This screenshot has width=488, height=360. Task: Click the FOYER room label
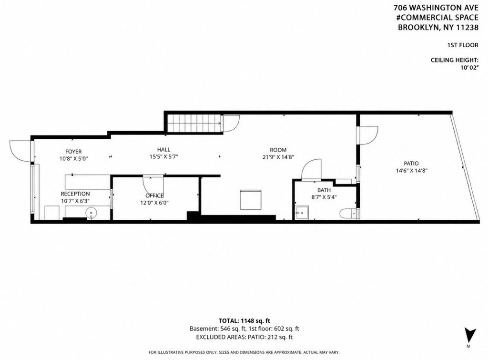click(73, 152)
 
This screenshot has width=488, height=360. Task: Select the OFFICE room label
click(155, 195)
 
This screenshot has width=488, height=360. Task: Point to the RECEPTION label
click(75, 194)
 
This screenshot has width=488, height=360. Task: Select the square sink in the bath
click(301, 213)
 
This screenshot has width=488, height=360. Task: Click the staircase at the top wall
click(194, 123)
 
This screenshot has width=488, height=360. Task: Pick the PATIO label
click(411, 163)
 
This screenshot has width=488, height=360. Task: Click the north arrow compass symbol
click(470, 335)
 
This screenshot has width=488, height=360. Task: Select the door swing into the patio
click(368, 135)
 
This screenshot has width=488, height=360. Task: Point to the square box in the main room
click(251, 200)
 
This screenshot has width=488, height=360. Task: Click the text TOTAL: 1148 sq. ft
click(244, 321)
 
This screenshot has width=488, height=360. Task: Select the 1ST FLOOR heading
click(463, 45)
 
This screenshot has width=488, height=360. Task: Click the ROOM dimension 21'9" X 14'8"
click(278, 157)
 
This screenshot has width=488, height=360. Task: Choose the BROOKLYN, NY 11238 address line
click(438, 27)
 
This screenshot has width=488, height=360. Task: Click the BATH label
click(324, 190)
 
